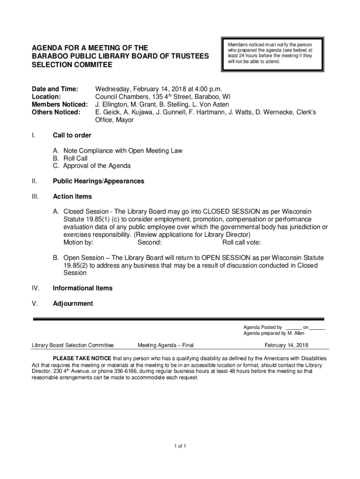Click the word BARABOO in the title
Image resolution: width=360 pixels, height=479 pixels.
pyautogui.click(x=50, y=56)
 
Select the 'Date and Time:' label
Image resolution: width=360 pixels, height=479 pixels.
pyautogui.click(x=54, y=89)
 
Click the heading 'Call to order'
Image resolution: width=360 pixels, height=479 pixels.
pyautogui.click(x=72, y=135)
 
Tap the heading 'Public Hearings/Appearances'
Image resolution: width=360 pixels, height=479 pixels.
pyautogui.click(x=98, y=181)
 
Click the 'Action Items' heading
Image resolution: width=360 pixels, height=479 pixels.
pyautogui.click(x=72, y=196)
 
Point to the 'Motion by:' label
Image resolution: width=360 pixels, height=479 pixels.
pyautogui.click(x=78, y=242)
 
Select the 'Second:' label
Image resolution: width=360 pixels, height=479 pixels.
pyautogui.click(x=150, y=242)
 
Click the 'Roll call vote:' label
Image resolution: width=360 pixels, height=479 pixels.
pyautogui.click(x=242, y=242)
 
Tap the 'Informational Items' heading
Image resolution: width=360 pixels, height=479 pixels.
pyautogui.click(x=83, y=288)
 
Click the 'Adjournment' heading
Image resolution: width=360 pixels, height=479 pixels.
pyautogui.click(x=73, y=304)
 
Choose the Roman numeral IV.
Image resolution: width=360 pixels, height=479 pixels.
pyautogui.click(x=35, y=288)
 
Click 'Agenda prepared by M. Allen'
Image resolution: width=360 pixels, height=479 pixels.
pyautogui.click(x=270, y=334)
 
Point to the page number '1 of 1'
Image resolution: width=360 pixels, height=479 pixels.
pyautogui.click(x=180, y=446)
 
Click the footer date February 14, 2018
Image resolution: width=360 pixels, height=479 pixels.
pyautogui.click(x=286, y=346)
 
